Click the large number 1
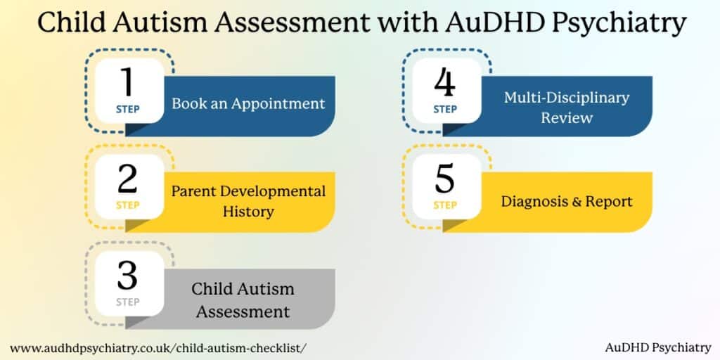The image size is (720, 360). pos(127,83)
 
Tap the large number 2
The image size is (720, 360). pos(127,179)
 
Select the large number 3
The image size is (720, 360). pos(127,275)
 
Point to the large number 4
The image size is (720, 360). pos(444,83)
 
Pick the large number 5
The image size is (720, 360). pos(444,179)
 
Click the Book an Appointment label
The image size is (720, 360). pos(248,103)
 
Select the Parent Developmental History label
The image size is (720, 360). pos(248,201)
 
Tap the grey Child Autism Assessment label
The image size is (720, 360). pos(243,300)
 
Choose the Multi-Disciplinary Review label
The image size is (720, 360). pos(567,107)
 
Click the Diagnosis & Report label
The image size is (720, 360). pos(567,201)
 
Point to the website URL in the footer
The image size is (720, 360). pos(158,347)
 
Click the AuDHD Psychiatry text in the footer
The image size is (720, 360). pos(658,347)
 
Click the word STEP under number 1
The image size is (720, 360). pos(127,109)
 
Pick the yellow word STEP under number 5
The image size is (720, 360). pos(444,205)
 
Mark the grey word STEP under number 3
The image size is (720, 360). pos(127,302)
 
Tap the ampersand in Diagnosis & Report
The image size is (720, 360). pos(578,202)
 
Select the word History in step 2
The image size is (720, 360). pos(248,211)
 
